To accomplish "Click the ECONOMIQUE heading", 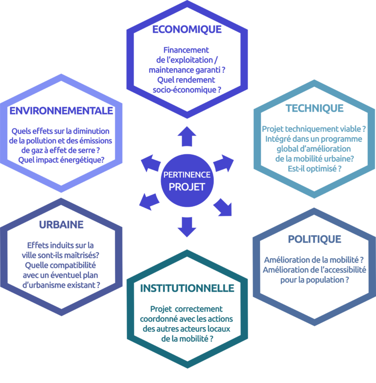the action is click(x=187, y=29).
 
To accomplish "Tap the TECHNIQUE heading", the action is click(x=314, y=108).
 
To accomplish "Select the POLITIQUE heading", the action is click(x=314, y=239).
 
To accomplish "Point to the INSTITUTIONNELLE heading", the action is click(x=187, y=288).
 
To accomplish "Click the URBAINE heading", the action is click(x=61, y=225).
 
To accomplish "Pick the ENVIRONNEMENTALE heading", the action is click(x=61, y=111).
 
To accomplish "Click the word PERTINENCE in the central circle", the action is click(x=187, y=175).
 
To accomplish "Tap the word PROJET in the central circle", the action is click(x=187, y=187).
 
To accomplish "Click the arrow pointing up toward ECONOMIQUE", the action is click(x=187, y=136).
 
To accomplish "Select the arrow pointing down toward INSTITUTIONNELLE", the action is click(x=187, y=227).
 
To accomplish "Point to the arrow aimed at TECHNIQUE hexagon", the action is click(x=223, y=163).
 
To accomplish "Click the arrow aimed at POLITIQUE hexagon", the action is click(x=223, y=207).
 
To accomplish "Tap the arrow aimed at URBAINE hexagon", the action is click(x=149, y=201).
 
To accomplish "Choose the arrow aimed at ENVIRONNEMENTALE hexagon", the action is click(x=151, y=163).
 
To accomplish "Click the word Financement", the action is click(x=186, y=50).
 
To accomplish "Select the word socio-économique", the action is click(x=185, y=90).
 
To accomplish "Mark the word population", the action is click(x=325, y=280).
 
